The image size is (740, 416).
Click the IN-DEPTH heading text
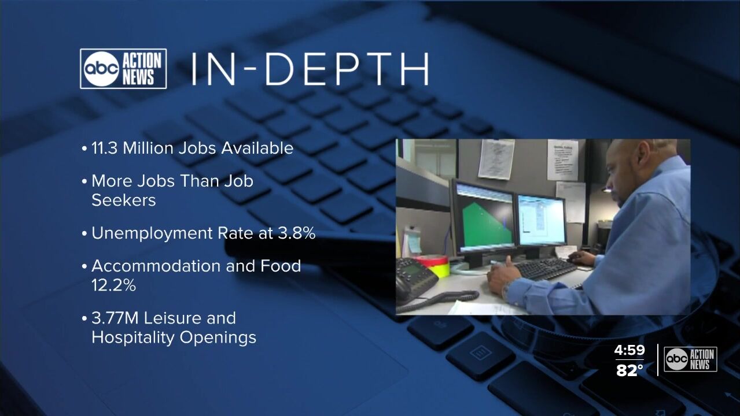click(x=311, y=69)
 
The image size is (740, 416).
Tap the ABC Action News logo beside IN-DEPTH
click(x=123, y=69)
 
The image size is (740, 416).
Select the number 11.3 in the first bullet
click(x=104, y=148)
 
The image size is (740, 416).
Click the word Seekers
click(x=124, y=200)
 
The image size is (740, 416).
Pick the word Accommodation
click(x=156, y=266)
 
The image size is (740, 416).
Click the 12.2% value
click(x=113, y=285)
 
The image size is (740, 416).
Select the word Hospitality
click(x=133, y=337)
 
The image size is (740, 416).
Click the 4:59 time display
click(x=629, y=350)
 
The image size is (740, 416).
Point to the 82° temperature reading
click(x=629, y=370)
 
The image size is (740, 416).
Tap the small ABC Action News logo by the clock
click(x=690, y=359)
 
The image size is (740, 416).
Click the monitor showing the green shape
click(x=483, y=218)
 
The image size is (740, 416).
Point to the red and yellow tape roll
click(x=433, y=266)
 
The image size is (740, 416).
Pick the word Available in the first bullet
click(x=257, y=148)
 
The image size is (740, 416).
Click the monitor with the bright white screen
click(x=541, y=220)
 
